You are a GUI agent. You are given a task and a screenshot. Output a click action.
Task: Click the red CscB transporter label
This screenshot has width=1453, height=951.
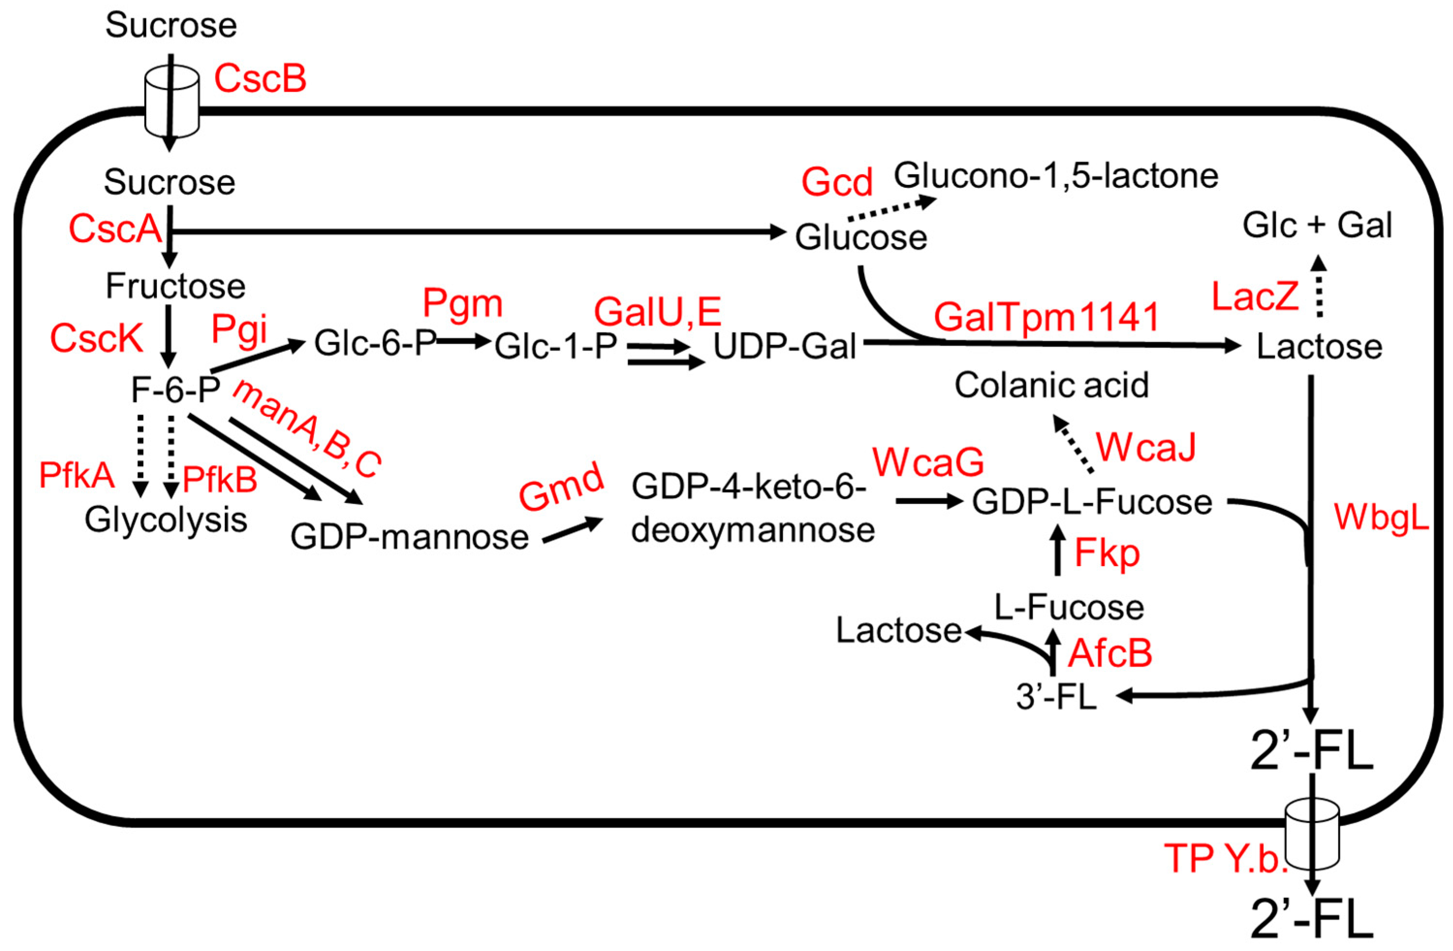tap(260, 79)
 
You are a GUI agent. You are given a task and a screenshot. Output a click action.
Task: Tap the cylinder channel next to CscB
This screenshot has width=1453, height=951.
tap(171, 101)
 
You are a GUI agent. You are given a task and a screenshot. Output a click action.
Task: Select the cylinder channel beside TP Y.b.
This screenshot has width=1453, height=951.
tap(1313, 837)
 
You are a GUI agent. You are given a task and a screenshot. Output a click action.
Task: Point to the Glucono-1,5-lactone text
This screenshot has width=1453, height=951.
tap(1056, 176)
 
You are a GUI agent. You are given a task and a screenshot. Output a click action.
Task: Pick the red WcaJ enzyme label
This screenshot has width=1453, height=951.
tap(1146, 447)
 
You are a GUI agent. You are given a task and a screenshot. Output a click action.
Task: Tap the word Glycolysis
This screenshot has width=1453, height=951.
tap(166, 520)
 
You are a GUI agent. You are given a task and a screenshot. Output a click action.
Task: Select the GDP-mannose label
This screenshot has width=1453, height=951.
tap(409, 537)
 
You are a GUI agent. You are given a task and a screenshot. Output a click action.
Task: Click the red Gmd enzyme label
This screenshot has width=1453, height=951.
tap(561, 487)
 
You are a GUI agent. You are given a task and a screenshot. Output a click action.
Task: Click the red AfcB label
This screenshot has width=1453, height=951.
tap(1110, 653)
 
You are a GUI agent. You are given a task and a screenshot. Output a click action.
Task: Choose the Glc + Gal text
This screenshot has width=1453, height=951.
tap(1317, 226)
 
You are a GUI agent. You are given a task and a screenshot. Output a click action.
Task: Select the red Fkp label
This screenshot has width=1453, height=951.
tap(1107, 553)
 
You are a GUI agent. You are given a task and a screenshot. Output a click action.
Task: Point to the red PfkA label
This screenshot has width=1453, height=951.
tap(77, 475)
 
